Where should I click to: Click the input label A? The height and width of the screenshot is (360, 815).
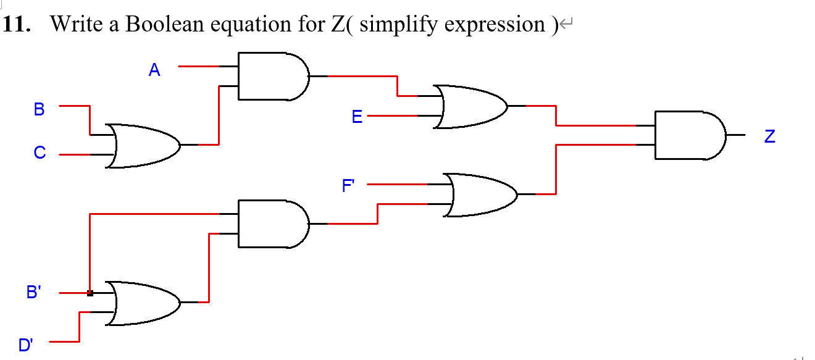pos(154,70)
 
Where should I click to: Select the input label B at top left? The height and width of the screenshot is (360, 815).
pos(40,110)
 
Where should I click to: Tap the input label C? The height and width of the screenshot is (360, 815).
pos(40,153)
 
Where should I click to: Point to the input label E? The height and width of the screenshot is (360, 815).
pos(357,117)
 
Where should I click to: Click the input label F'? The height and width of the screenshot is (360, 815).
pos(349,185)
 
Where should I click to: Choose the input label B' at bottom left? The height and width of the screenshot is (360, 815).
pos(34,293)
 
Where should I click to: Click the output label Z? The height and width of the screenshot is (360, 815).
pos(769,136)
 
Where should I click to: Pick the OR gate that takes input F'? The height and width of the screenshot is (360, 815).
pos(480,195)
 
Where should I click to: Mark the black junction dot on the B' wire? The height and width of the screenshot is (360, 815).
pos(90,293)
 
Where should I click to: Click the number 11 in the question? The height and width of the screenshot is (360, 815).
pos(17,24)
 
